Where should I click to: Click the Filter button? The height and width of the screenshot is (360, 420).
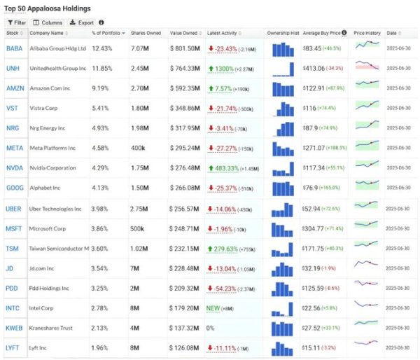16,22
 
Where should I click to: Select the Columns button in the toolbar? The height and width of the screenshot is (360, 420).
47,22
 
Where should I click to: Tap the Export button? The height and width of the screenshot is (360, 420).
83,22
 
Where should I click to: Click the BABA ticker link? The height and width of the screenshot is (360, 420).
14,48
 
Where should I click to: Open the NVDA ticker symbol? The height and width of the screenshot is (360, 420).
14,169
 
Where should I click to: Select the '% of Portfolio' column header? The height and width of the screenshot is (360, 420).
108,34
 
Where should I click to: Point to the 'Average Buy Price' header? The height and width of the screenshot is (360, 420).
323,34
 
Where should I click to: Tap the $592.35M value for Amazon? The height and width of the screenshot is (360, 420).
185,89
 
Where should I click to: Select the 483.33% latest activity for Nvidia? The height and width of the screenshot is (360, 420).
225,169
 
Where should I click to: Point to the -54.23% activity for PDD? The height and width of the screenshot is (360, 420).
223,289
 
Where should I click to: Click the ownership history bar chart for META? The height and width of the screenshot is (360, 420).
283,148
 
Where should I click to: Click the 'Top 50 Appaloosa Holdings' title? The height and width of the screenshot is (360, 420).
48,8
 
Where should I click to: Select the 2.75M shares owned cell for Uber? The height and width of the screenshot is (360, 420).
141,209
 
